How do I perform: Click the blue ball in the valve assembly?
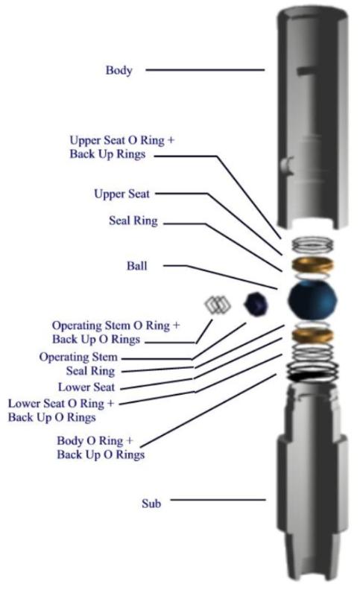(312, 301)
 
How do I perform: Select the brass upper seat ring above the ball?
(312, 264)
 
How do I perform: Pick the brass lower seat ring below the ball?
(312, 336)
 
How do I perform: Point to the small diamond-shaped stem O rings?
(218, 304)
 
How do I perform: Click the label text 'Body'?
(119, 70)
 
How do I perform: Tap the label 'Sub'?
(151, 504)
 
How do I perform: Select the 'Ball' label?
(136, 266)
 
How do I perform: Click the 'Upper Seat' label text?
(121, 194)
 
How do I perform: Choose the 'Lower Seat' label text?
(86, 387)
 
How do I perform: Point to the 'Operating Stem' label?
(78, 357)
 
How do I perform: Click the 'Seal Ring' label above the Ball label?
(133, 221)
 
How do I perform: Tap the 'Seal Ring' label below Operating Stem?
(90, 371)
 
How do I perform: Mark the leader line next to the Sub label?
(218, 500)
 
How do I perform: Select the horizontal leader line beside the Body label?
(205, 69)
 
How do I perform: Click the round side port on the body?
(287, 165)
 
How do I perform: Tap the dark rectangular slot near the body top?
(306, 70)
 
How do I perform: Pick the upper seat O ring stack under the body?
(312, 244)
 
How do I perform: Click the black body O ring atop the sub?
(312, 376)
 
